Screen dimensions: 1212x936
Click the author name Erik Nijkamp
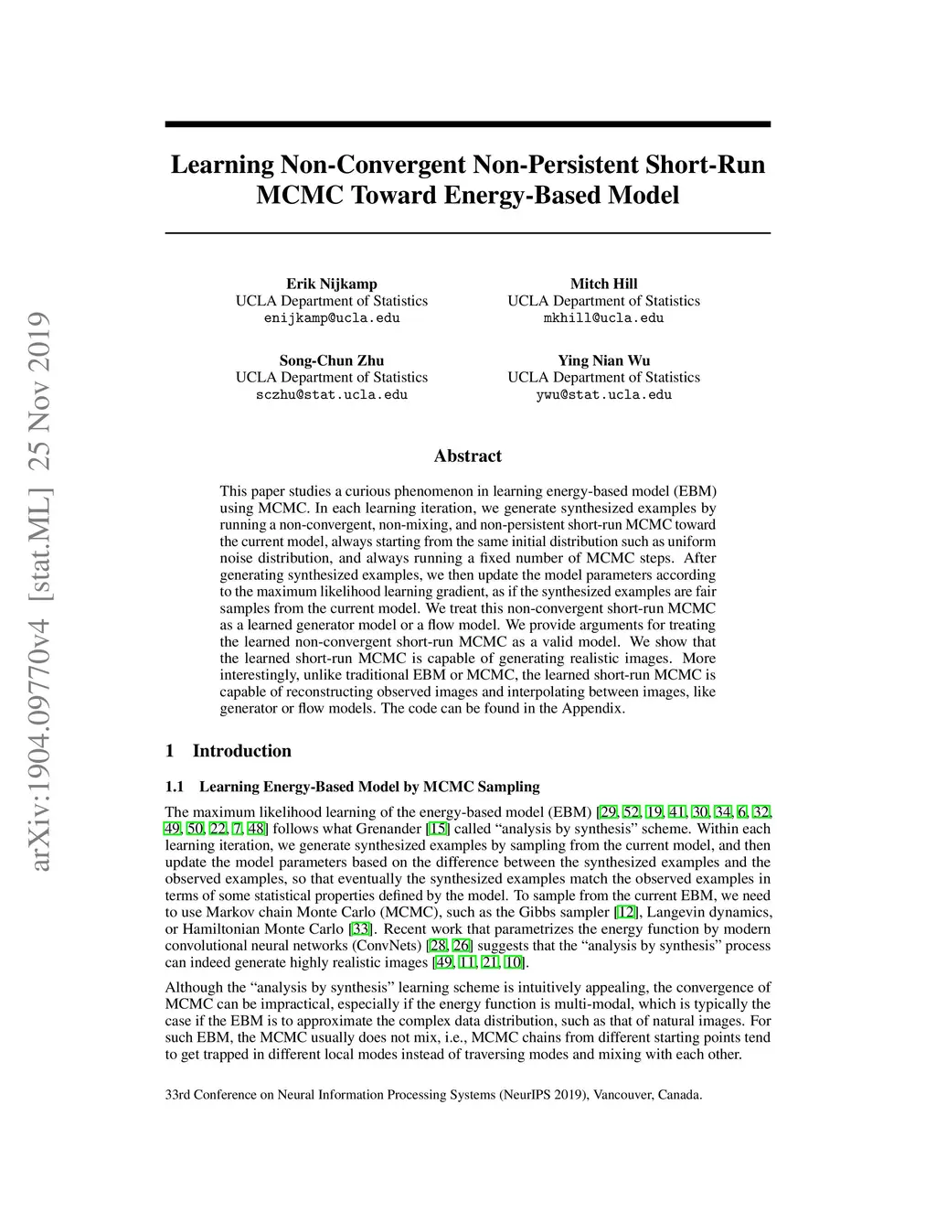point(331,284)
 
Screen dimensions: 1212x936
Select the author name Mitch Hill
point(603,284)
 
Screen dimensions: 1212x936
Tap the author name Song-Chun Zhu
point(331,360)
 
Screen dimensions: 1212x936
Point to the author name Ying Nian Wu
point(603,360)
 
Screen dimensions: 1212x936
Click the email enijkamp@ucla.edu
point(331,318)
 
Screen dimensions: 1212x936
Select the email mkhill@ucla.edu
point(603,318)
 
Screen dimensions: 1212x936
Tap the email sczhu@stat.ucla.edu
point(331,395)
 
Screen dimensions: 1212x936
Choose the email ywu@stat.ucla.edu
point(603,395)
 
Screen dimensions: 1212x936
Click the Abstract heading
point(467,456)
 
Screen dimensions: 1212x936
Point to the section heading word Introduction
point(241,751)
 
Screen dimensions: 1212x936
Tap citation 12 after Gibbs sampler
point(626,913)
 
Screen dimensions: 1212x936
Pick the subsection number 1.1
point(175,787)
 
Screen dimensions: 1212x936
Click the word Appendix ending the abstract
point(592,708)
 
